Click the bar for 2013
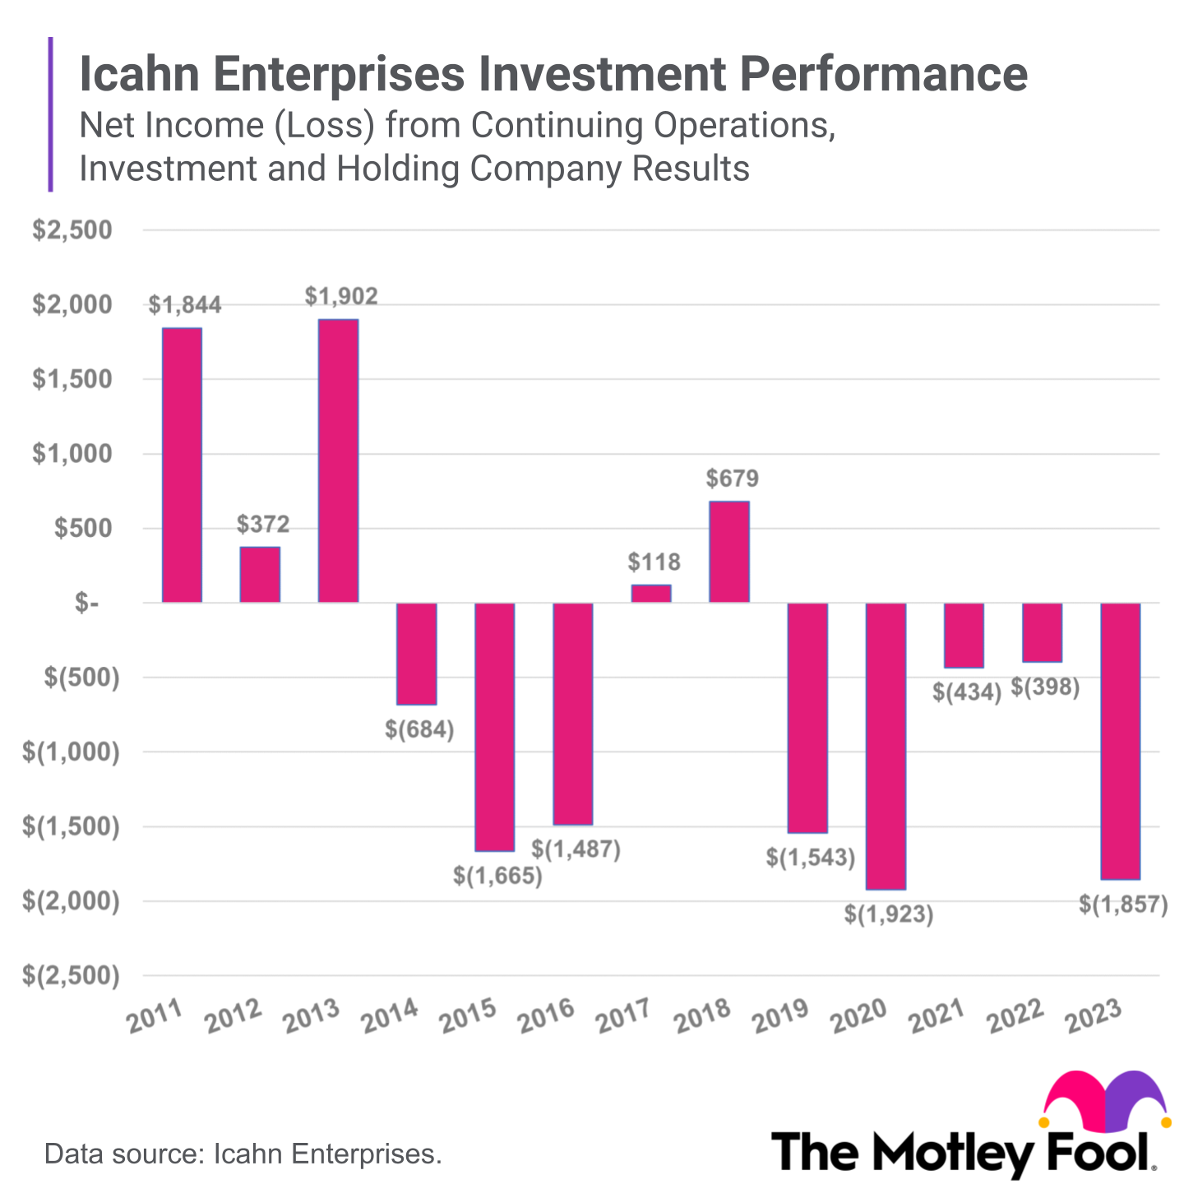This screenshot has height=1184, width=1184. coord(338,460)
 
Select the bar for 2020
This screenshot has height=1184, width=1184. coord(886,746)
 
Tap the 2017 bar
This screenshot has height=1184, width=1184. coord(651,593)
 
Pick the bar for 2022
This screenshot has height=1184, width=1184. coord(1042,632)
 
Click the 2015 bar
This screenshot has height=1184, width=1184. coord(495,727)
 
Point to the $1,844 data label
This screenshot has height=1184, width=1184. coord(185,305)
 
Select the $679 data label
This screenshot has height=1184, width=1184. coord(732,479)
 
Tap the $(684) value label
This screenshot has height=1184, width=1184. coord(419,729)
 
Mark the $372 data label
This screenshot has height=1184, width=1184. coord(263,525)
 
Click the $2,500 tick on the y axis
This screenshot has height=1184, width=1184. coord(72,230)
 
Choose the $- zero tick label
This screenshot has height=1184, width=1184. coord(87,604)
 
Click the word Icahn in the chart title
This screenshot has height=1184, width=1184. coord(139,74)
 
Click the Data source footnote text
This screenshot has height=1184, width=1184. coord(243,1154)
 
